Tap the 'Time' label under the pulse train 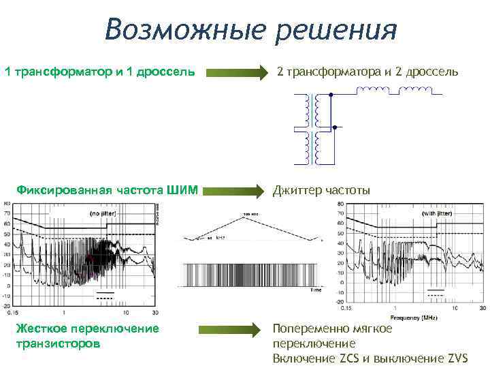(x=315, y=290)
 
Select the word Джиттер (x=297, y=190)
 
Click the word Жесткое (x=42, y=328)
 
